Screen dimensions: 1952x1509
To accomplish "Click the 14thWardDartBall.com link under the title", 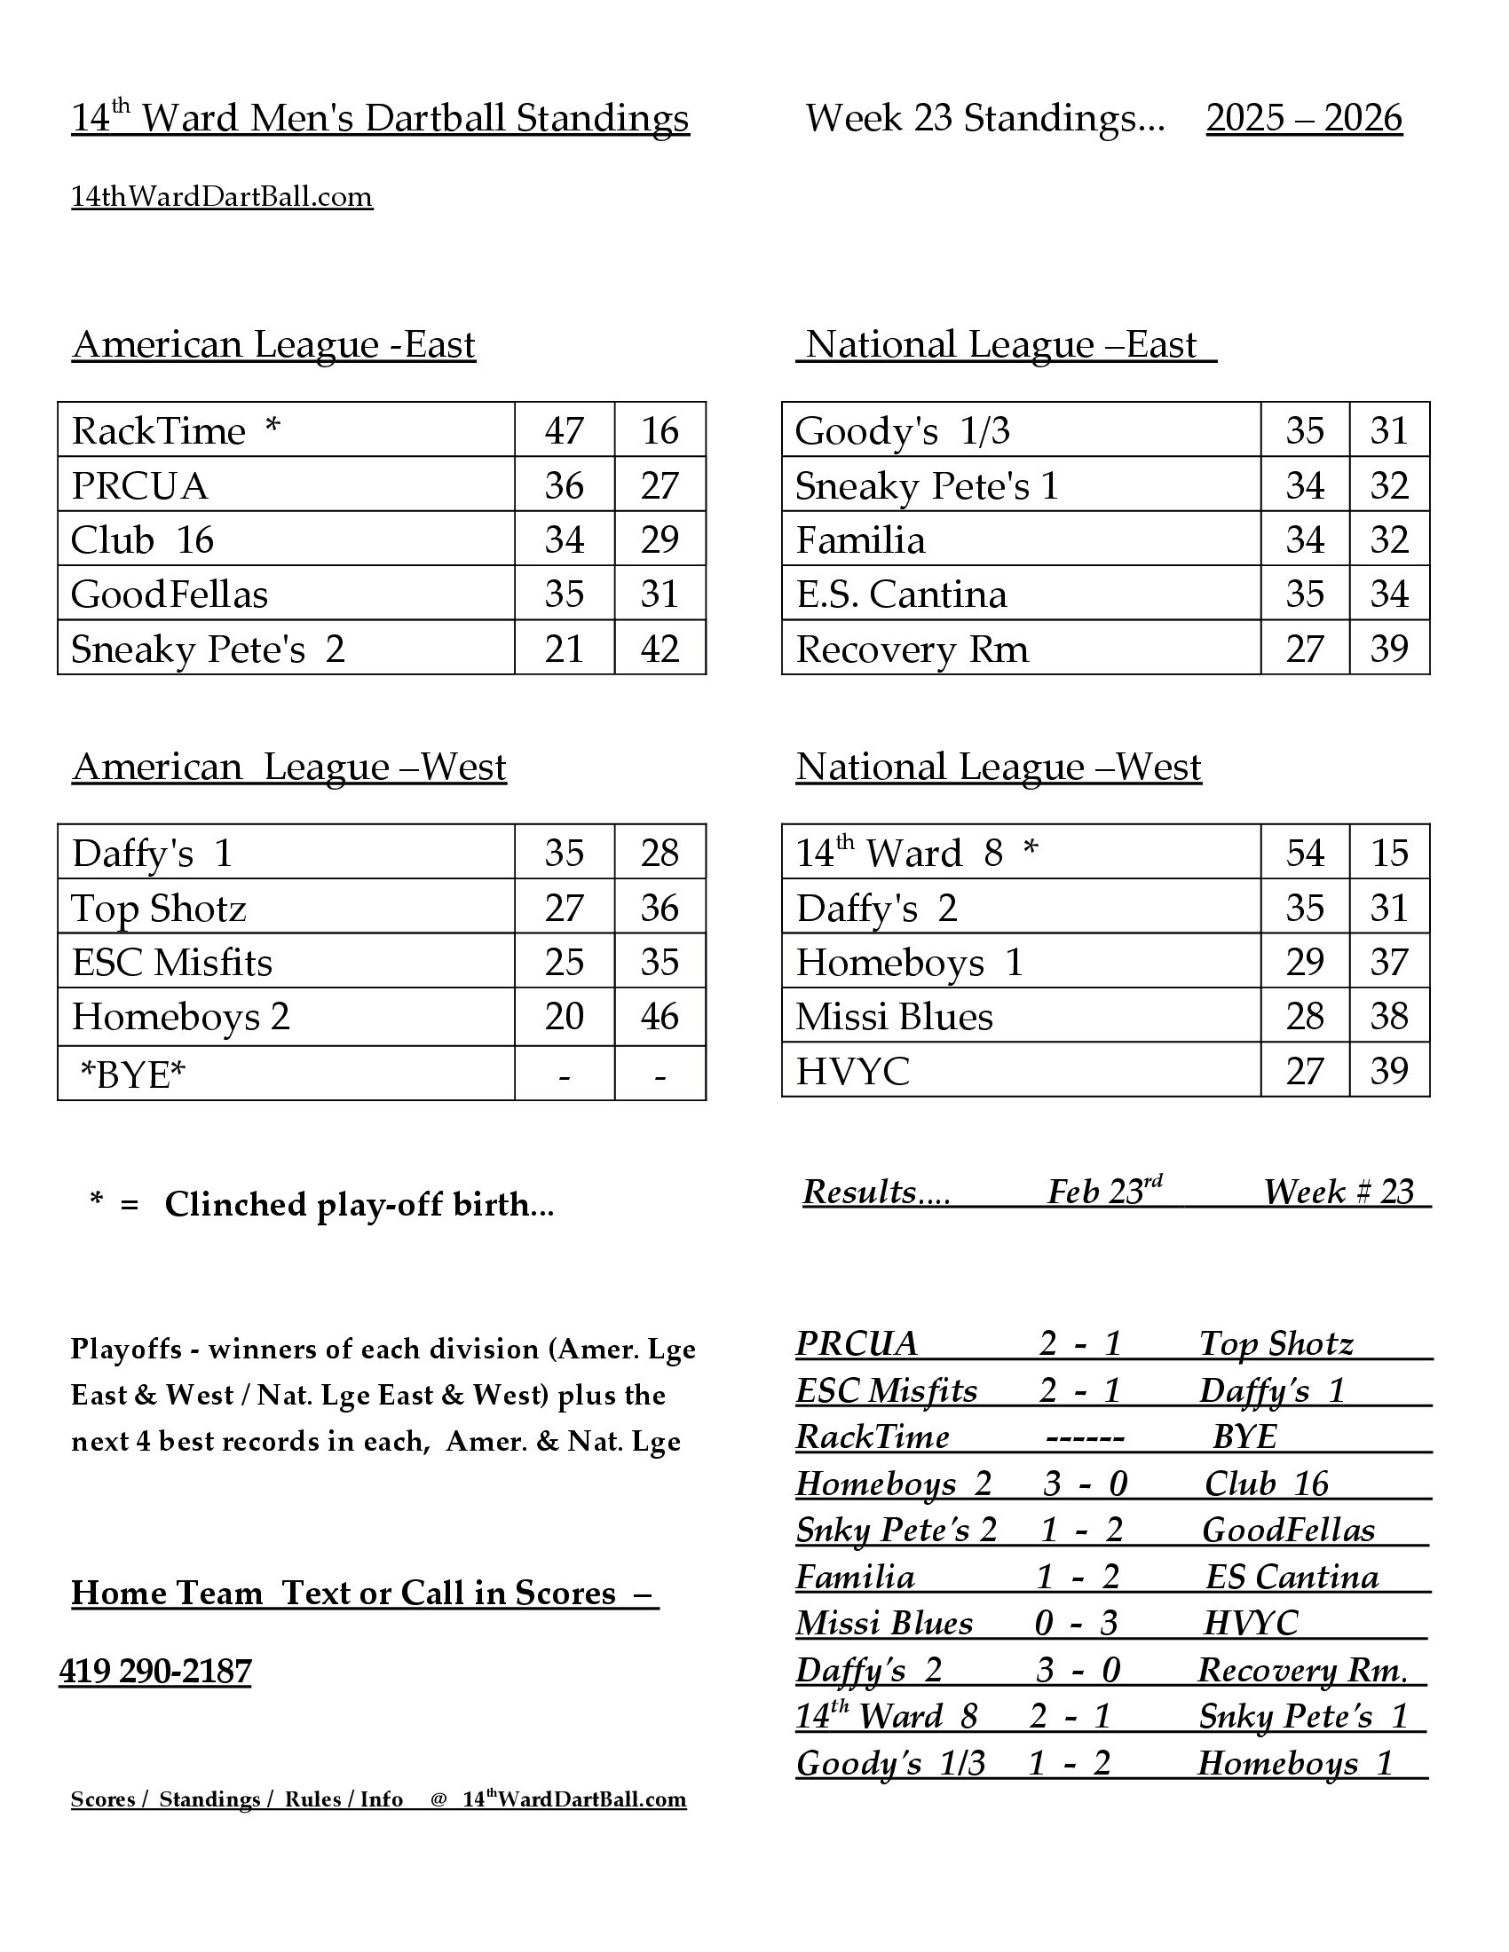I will [x=222, y=197].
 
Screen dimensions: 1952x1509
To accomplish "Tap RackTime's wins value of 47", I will [x=564, y=431].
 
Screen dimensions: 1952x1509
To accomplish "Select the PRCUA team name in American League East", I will [x=139, y=486].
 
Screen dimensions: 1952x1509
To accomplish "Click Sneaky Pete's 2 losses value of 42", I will [x=660, y=649].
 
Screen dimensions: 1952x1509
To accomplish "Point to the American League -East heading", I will [x=273, y=345].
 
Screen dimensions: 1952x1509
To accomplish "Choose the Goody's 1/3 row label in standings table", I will [x=902, y=431].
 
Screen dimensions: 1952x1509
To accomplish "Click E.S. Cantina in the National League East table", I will [x=901, y=594].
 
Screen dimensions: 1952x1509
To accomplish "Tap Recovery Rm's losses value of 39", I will [x=1389, y=649].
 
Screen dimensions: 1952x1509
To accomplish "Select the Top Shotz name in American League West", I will [x=158, y=909].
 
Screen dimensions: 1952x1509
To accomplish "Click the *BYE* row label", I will [x=133, y=1074].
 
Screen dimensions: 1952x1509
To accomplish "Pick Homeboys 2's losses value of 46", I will [x=660, y=1017].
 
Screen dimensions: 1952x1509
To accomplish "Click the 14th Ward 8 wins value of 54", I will [x=1304, y=854].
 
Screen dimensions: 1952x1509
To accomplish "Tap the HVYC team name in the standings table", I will [x=852, y=1072].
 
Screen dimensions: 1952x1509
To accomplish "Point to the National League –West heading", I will [x=999, y=767].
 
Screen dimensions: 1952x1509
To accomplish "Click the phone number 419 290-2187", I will [x=155, y=1671].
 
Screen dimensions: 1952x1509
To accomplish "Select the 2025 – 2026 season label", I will [x=1303, y=118].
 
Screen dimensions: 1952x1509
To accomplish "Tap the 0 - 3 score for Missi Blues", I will [x=1076, y=1623].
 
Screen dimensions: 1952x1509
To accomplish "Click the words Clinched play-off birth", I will [x=359, y=1205].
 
